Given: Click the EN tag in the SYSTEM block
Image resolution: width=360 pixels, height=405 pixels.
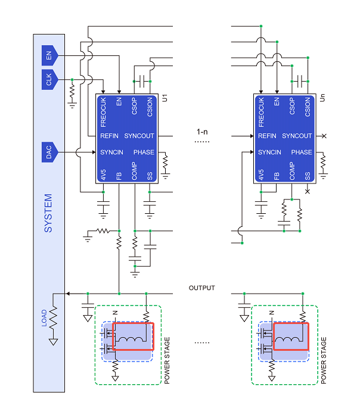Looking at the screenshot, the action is pos(49,55).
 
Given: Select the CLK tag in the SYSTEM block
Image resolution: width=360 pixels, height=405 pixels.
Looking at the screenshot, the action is pos(49,80).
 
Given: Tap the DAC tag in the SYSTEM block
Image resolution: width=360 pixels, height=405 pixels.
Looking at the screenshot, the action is pos(49,152).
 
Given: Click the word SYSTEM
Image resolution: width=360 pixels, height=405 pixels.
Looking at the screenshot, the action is pos(48,213).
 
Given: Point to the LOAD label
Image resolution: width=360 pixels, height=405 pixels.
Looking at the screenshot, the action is pos(44,318).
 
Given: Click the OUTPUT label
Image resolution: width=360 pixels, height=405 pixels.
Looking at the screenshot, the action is pos(202,288).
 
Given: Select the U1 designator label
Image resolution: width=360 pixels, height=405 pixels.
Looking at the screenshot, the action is pos(165,98).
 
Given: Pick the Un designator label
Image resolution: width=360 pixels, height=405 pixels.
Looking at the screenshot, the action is pos(322,98).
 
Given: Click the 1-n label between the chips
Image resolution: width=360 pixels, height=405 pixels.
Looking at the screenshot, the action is pos(202,132).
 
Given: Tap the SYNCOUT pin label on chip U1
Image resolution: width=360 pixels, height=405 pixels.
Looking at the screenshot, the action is pos(139,136).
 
